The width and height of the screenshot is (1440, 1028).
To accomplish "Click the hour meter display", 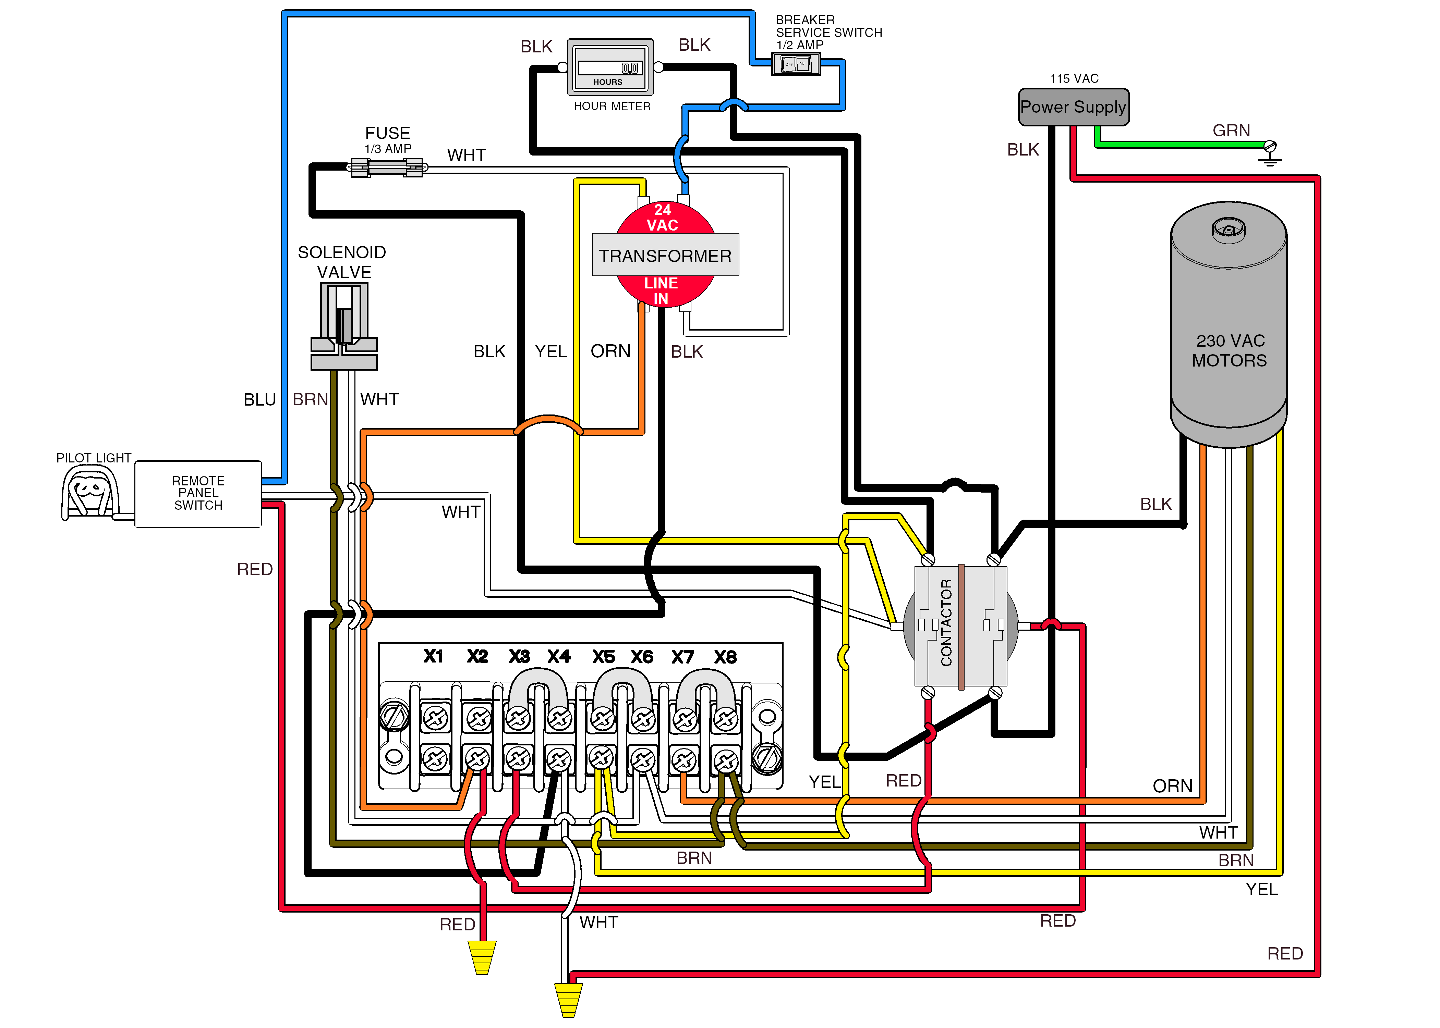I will (610, 67).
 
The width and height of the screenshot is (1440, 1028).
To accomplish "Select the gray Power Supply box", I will (1073, 107).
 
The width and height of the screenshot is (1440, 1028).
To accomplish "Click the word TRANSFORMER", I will (665, 256).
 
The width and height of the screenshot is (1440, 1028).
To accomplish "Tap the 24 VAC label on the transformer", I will (662, 217).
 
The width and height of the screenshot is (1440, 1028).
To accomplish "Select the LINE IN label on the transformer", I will (661, 290).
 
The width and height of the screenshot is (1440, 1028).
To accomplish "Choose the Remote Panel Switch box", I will (198, 493).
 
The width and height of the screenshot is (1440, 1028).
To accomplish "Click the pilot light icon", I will (90, 492).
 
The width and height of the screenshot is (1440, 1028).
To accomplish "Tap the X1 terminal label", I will (433, 656).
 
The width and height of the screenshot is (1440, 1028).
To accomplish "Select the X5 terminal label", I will (603, 656).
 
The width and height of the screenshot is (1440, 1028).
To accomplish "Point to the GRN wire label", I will (1231, 131).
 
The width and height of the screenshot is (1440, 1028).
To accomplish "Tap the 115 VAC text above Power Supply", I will (1074, 78).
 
